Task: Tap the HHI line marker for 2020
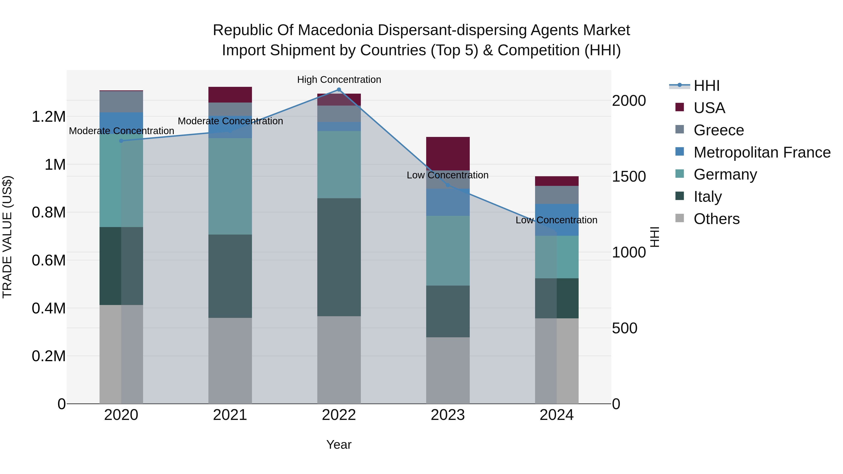coord(121,141)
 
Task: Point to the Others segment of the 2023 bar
coord(448,370)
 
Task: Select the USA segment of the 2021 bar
coord(230,95)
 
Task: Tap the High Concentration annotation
coord(339,80)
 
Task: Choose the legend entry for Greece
coord(718,130)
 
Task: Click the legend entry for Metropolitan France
coord(762,152)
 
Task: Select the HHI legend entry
coord(706,86)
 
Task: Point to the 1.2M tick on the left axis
coord(48,117)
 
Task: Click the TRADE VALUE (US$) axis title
coord(7,237)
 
